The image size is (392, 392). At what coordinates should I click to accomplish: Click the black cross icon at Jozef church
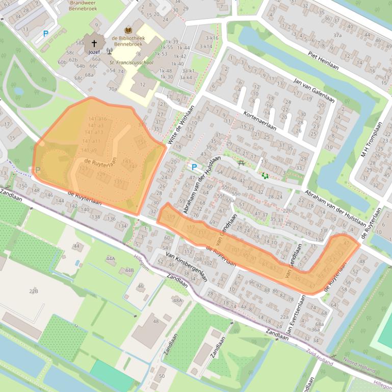(94, 44)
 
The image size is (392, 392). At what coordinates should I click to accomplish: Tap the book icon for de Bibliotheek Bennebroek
(127, 31)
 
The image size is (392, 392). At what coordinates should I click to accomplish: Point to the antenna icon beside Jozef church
(109, 51)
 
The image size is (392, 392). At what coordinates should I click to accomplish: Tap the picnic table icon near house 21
(241, 163)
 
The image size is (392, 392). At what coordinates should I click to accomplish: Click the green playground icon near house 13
(265, 176)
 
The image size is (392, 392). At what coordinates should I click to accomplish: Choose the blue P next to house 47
(193, 167)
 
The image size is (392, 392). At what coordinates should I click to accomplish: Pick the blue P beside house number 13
(45, 34)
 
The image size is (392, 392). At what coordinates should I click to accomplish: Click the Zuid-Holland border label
(319, 357)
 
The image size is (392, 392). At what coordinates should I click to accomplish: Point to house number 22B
(34, 291)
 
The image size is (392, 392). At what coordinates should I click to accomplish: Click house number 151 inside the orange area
(142, 142)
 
